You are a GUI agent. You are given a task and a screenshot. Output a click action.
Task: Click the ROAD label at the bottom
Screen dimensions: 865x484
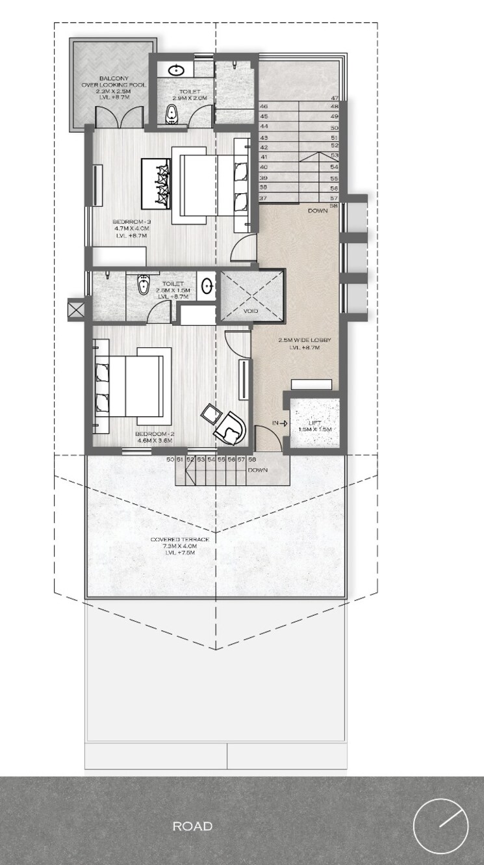pyautogui.click(x=192, y=827)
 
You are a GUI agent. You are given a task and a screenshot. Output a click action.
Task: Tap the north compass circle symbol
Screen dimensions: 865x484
pyautogui.click(x=440, y=826)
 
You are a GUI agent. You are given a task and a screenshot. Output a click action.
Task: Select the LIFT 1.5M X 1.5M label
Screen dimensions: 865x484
pyautogui.click(x=315, y=426)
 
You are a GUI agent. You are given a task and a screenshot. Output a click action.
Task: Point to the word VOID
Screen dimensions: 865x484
pyautogui.click(x=251, y=312)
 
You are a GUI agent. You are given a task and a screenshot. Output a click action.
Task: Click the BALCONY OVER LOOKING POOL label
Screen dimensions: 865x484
pyautogui.click(x=113, y=85)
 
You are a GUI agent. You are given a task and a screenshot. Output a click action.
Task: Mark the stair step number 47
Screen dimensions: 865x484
pyautogui.click(x=335, y=97)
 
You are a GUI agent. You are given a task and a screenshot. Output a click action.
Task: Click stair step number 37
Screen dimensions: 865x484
pyautogui.click(x=264, y=197)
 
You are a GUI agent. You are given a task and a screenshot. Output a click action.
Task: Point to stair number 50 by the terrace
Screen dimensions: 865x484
pyautogui.click(x=170, y=460)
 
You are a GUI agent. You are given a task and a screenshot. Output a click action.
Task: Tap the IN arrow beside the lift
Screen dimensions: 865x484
pyautogui.click(x=279, y=423)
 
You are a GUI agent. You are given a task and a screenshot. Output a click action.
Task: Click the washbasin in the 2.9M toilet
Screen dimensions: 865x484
pyautogui.click(x=175, y=69)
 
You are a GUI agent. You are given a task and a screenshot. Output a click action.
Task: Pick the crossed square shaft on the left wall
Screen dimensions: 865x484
pyautogui.click(x=76, y=309)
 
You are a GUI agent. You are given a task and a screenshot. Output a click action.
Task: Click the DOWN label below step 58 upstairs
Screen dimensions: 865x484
pyautogui.click(x=318, y=211)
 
